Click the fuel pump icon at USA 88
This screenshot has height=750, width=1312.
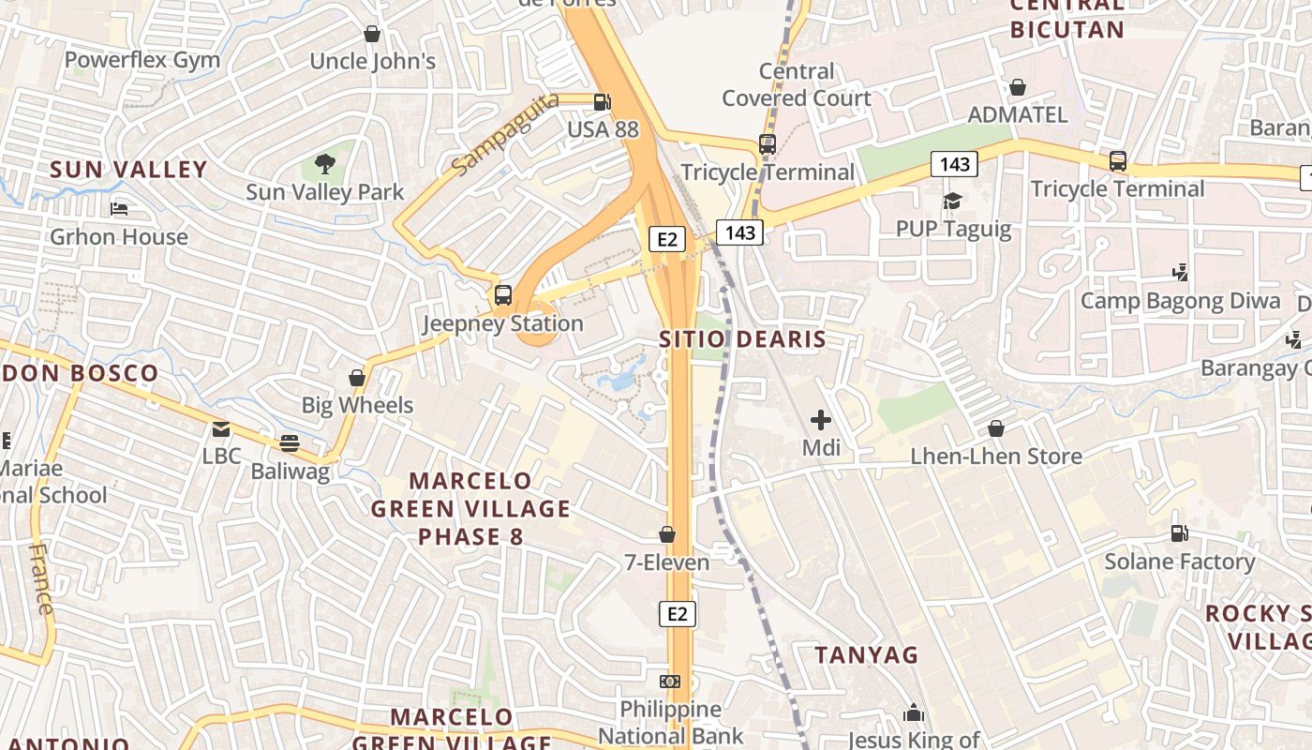(604, 101)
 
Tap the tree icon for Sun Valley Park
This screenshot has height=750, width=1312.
(324, 165)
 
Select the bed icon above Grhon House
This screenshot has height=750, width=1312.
(119, 208)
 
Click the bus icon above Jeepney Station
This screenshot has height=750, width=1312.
(503, 295)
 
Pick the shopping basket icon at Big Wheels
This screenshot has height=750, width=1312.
(357, 378)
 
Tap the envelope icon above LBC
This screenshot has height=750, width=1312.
(221, 429)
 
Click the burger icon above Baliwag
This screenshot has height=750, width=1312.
(290, 442)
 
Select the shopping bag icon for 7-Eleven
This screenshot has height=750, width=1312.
(667, 534)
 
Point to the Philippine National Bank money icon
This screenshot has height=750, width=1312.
(670, 682)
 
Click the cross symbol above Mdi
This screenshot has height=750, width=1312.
(821, 420)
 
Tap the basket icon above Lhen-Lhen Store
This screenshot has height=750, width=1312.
(996, 428)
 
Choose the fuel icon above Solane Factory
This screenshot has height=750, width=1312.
(1179, 533)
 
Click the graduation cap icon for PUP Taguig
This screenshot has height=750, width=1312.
(953, 201)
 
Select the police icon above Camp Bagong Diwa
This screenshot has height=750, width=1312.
(1181, 273)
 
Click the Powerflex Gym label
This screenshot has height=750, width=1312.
(142, 60)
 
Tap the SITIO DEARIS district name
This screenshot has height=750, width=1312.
(742, 339)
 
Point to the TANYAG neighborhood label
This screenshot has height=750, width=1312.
(866, 654)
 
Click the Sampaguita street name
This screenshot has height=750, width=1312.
(504, 132)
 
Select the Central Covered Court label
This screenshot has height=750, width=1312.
(797, 84)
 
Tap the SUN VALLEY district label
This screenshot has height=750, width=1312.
(128, 170)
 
